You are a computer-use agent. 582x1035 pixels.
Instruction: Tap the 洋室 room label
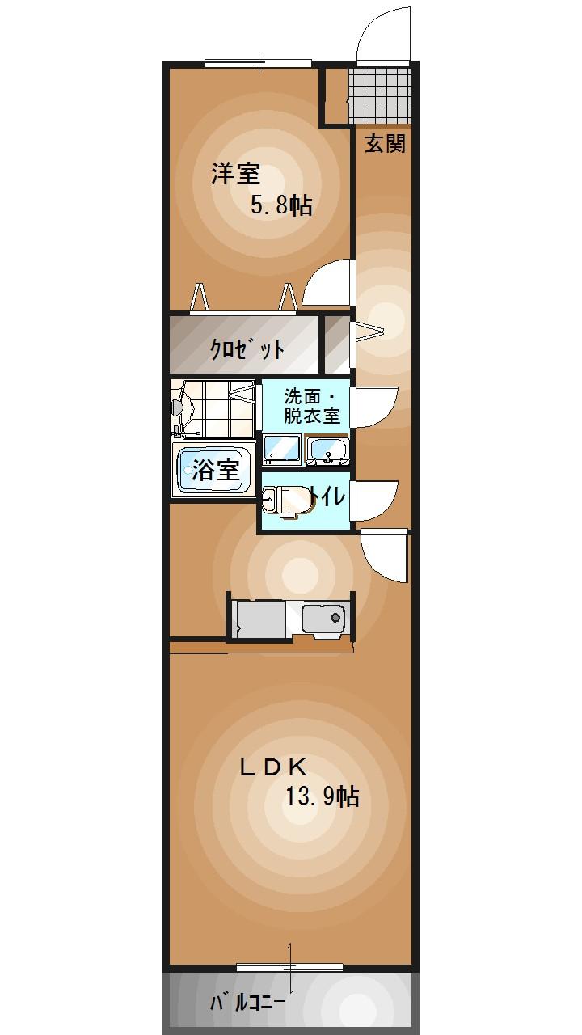pyautogui.click(x=235, y=174)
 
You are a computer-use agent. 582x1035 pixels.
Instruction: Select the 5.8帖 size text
pyautogui.click(x=280, y=205)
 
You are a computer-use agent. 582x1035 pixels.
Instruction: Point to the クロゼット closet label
pyautogui.click(x=247, y=349)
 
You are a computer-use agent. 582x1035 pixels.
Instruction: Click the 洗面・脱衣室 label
pyautogui.click(x=311, y=407)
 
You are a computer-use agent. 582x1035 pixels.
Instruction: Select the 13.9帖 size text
pyautogui.click(x=321, y=797)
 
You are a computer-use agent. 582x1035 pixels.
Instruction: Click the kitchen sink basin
pyautogui.click(x=323, y=619)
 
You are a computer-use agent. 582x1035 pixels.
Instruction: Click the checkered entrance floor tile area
pyautogui.click(x=380, y=95)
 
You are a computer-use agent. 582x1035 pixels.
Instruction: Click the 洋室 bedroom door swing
pyautogui.click(x=330, y=283)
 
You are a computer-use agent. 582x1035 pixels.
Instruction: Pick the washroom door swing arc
pyautogui.click(x=375, y=407)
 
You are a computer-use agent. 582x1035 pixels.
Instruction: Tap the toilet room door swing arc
pyautogui.click(x=375, y=501)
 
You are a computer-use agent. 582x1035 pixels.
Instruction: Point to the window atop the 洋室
pyautogui.click(x=259, y=63)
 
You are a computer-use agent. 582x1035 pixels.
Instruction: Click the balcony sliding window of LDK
pyautogui.click(x=289, y=967)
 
